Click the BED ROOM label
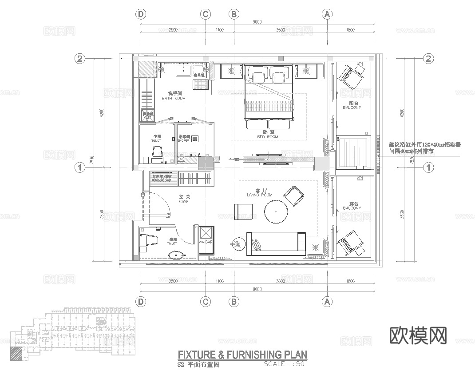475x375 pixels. click(267, 137)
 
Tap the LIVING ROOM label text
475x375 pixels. click(260, 195)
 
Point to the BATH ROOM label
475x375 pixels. click(174, 98)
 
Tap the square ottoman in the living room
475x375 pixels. click(243, 211)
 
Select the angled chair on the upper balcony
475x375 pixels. click(351, 76)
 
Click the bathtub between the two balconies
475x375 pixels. click(353, 153)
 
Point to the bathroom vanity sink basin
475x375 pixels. click(183, 70)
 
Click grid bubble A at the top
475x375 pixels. click(327, 14)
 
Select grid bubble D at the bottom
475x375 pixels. click(141, 302)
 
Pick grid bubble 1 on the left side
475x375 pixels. click(80, 168)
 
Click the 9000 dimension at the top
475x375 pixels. click(257, 22)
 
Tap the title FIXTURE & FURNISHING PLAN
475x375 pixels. click(242, 355)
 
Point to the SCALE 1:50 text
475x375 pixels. click(284, 364)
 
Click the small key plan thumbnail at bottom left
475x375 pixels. click(71, 331)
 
